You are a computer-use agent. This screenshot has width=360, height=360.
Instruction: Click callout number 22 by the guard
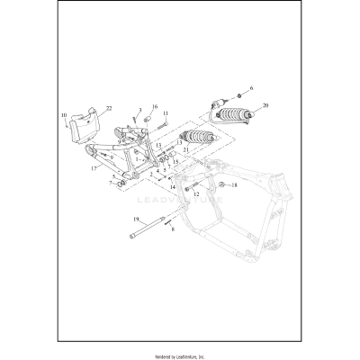coord(109,108)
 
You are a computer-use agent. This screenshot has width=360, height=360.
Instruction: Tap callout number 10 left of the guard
coord(64,116)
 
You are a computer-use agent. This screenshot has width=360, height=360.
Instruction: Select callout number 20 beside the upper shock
coord(265,105)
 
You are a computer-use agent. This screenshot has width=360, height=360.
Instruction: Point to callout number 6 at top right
coord(251,88)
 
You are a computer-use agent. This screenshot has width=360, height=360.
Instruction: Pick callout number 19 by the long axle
coord(136,219)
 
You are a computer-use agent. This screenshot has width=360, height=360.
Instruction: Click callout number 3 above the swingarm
coord(139,109)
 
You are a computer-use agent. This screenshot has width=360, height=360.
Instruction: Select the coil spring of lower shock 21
coord(195,139)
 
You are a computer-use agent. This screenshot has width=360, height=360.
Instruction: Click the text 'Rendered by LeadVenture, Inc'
coord(180,352)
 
